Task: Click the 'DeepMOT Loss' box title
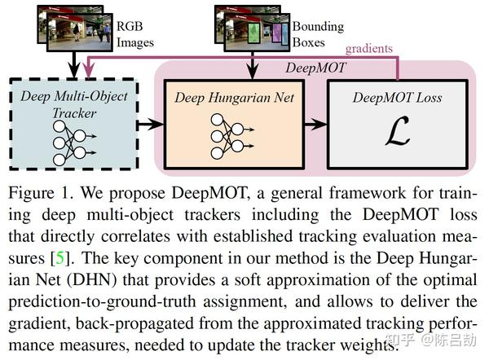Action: coord(397,98)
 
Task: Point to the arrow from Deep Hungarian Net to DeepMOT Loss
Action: coord(315,123)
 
